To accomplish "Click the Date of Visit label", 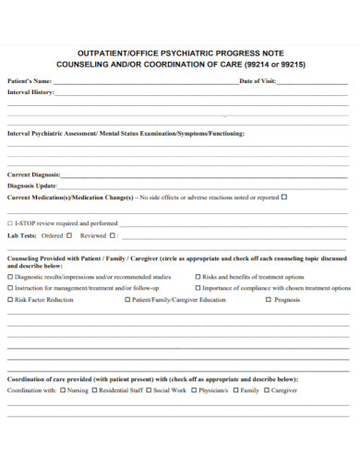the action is (x=258, y=81).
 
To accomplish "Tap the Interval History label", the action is (x=30, y=92).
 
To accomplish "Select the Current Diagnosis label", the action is (x=34, y=173).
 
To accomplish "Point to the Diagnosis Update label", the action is (x=32, y=185).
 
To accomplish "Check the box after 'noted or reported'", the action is (x=284, y=197).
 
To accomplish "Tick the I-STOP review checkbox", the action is (x=10, y=222).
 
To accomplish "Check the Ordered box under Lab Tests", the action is (x=67, y=235).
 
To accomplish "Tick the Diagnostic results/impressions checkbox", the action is (x=10, y=276).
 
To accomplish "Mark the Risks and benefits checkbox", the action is (x=197, y=276).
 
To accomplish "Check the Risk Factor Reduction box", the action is (x=10, y=299).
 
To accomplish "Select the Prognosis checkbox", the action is (x=269, y=299).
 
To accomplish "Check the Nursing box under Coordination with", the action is (x=62, y=390).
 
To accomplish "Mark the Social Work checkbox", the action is (x=148, y=390).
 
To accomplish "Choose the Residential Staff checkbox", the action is (x=94, y=390).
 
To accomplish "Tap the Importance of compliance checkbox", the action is (x=197, y=287).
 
